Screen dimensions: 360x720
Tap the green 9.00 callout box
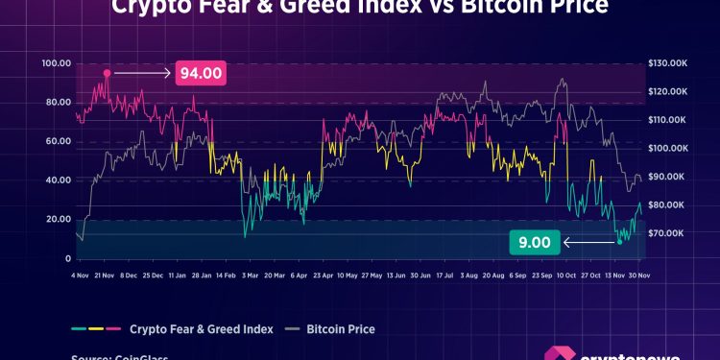[535, 243]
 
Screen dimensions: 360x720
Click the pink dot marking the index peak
[108, 73]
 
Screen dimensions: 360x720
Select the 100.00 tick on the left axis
[57, 63]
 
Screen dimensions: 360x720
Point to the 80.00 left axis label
[57, 103]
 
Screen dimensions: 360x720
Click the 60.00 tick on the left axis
[57, 141]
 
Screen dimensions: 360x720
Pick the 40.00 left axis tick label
[57, 180]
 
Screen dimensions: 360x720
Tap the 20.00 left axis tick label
[57, 220]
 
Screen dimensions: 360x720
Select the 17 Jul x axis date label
[444, 275]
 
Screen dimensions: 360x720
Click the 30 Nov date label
[638, 275]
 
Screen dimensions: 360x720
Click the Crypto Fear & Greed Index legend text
[202, 329]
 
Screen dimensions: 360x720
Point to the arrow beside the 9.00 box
[588, 243]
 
